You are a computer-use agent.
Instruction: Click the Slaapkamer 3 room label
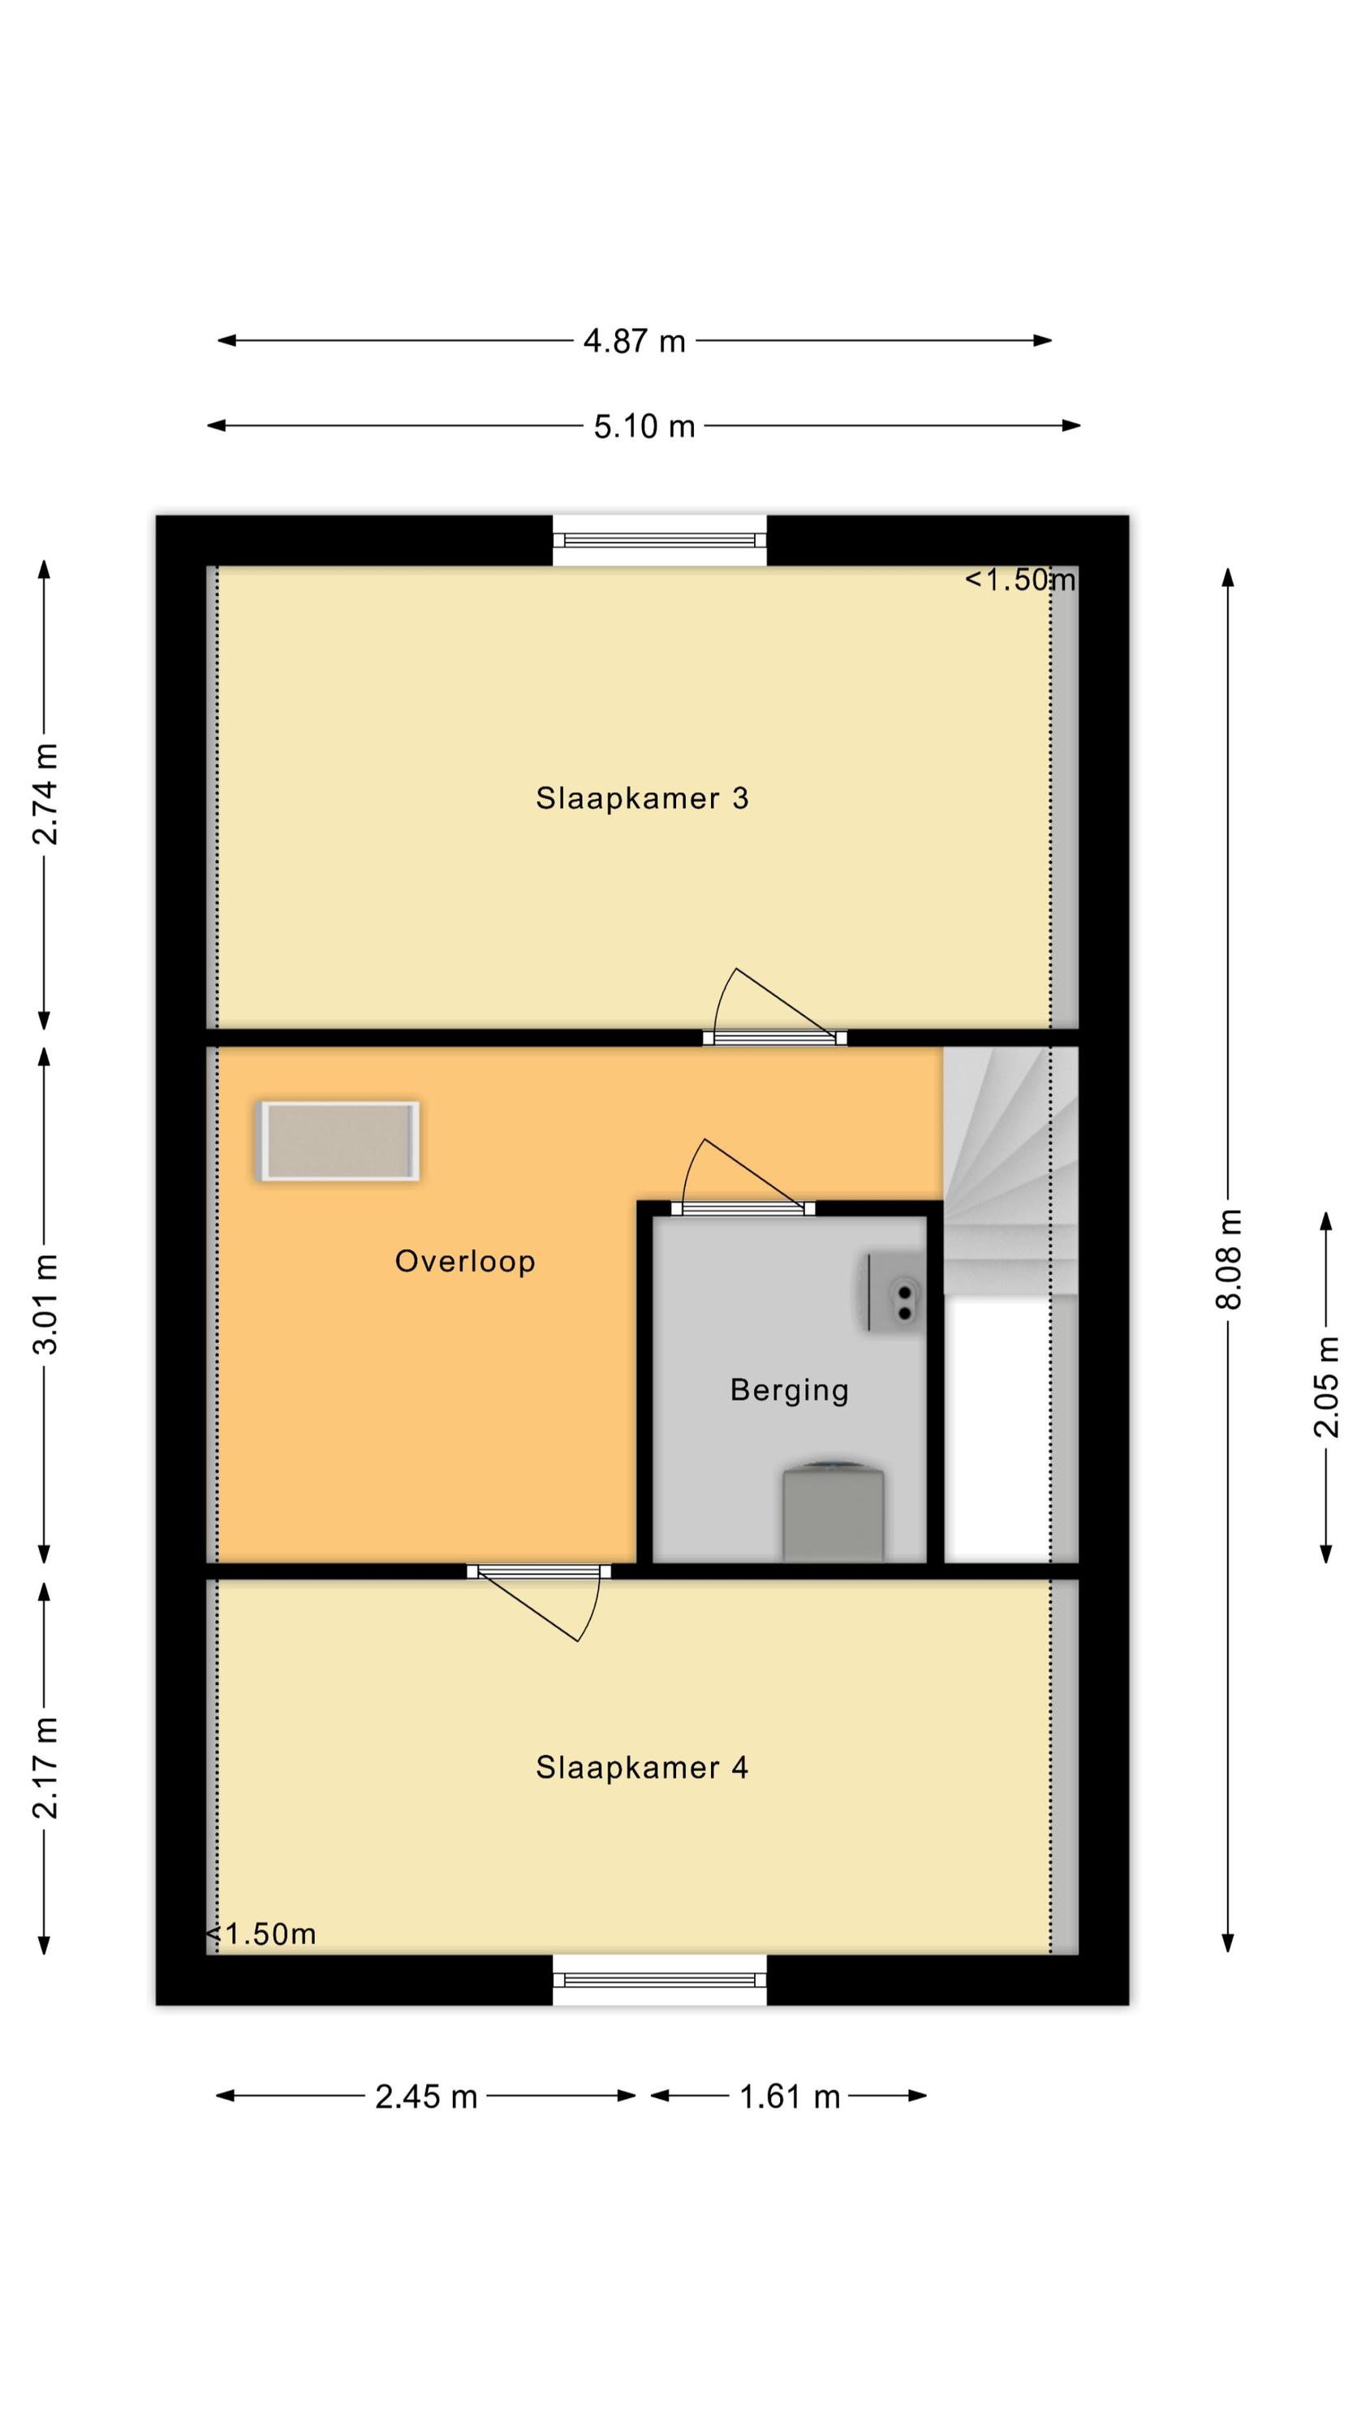tap(642, 798)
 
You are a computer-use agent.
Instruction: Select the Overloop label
tap(465, 1262)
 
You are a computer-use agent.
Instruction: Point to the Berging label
tap(790, 1390)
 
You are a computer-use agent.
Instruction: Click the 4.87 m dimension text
tap(635, 340)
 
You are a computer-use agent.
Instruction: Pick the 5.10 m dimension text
tap(644, 426)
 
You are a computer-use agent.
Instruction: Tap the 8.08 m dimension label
tap(1228, 1259)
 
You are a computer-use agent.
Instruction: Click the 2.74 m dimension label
tap(45, 793)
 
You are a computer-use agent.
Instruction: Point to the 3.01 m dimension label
tap(45, 1305)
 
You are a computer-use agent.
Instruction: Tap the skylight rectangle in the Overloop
tap(338, 1142)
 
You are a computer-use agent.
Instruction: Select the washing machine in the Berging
tap(832, 1512)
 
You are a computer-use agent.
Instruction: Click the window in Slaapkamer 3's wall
tap(659, 541)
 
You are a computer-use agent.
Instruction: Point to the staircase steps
tap(1010, 1171)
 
